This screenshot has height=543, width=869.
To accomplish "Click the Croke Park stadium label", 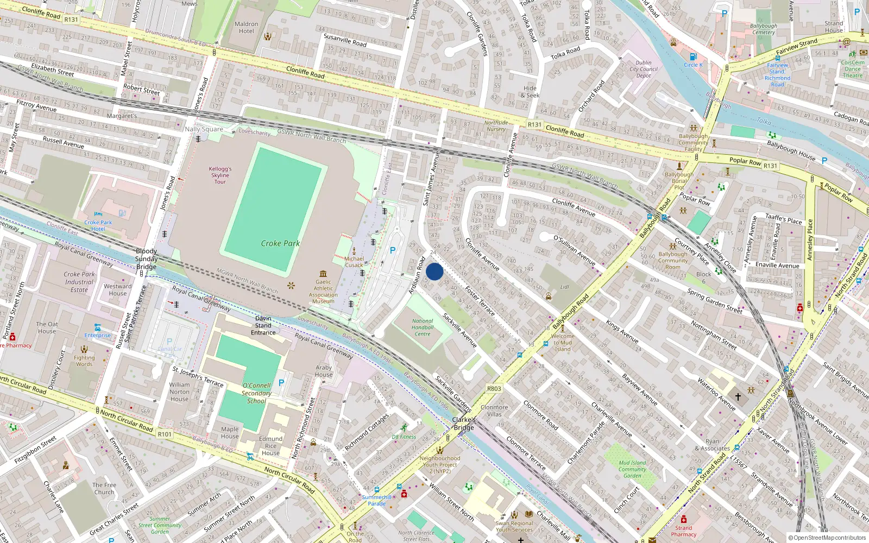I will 280,243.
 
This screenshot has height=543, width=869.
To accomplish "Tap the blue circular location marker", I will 434,271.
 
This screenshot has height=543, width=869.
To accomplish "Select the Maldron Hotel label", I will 246,28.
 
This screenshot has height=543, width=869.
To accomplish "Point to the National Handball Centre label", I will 423,327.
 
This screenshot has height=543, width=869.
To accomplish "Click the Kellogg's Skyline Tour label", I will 220,175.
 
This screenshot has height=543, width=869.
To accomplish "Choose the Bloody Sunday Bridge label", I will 146,259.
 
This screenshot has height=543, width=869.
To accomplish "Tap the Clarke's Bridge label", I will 464,424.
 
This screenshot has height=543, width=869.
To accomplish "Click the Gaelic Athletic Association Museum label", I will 323,292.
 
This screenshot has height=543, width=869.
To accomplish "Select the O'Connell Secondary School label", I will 256,393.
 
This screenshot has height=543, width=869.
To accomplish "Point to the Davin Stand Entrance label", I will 263,325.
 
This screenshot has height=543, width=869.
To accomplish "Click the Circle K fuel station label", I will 693,65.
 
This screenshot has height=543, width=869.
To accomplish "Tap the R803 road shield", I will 494,388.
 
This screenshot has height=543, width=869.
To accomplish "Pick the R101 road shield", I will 165,434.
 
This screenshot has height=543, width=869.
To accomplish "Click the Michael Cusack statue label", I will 354,262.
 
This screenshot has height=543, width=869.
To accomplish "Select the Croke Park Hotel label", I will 98,225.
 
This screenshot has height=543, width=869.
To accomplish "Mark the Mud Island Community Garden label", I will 632,469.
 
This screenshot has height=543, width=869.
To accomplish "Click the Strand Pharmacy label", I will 683,531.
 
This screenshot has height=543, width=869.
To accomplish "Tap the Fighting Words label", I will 84,361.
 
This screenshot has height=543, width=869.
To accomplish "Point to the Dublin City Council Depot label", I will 644,69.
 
